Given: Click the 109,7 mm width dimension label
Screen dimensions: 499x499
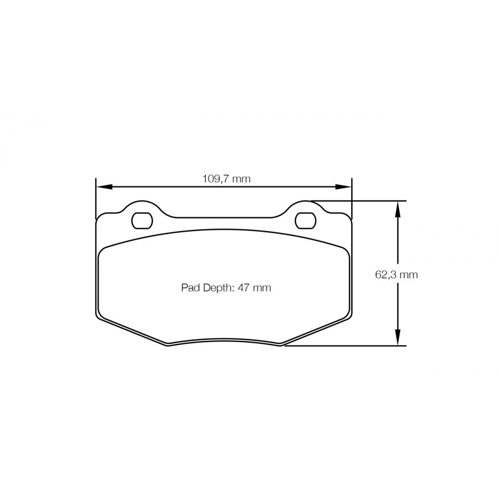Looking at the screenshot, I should point(226,179).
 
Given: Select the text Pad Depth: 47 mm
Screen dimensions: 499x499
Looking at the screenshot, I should point(226,288).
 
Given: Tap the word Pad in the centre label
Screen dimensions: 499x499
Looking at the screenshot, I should point(189,288).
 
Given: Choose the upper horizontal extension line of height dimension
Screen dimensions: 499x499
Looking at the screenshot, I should point(359,201).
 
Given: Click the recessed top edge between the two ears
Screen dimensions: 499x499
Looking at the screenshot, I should point(225,218).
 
